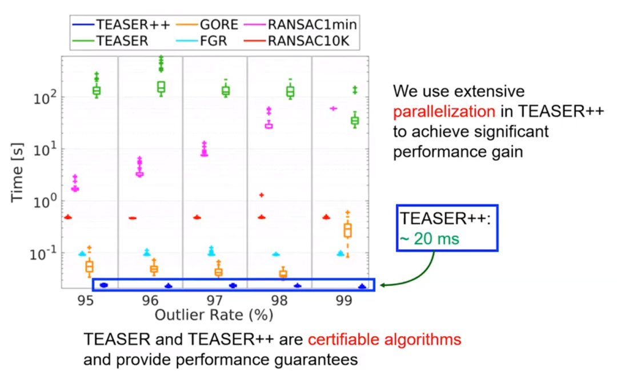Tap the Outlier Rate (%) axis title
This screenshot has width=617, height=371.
[214, 314]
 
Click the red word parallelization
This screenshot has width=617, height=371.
[440, 111]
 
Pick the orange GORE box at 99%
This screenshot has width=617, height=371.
[347, 230]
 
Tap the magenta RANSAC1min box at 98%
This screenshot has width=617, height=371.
[269, 125]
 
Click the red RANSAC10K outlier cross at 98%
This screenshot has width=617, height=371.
[262, 195]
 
